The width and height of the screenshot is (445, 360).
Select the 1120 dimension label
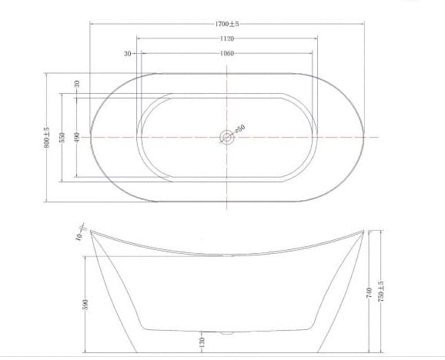click(226, 38)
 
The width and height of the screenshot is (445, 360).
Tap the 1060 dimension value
click(226, 54)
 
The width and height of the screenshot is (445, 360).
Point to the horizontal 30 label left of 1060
click(127, 54)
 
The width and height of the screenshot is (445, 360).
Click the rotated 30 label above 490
click(77, 83)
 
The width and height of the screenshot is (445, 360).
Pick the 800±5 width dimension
click(47, 137)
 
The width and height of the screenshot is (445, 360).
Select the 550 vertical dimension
click(62, 137)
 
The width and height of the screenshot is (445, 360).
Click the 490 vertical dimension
click(77, 137)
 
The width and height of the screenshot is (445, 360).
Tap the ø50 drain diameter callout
click(239, 128)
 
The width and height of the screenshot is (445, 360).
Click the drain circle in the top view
click(226, 138)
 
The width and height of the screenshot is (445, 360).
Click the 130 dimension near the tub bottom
click(202, 341)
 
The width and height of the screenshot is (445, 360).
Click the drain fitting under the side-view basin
click(226, 333)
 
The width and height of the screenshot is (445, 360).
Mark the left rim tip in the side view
click(91, 230)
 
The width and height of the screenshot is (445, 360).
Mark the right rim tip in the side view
click(363, 229)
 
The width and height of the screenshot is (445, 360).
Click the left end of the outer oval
click(91, 137)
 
